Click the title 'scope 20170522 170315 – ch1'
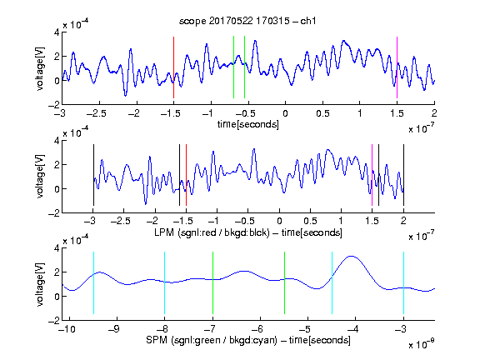tap(247, 21)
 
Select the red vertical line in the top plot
tap(173, 67)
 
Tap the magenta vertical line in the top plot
tap(397, 67)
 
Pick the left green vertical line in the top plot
tap(233, 67)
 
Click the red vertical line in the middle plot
tap(186, 175)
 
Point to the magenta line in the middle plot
tap(372, 175)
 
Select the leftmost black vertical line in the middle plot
tap(93, 175)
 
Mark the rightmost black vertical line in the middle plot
tap(403, 175)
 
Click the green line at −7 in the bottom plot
tap(212, 282)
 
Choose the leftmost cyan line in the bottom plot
tap(93, 282)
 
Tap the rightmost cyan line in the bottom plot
tap(403, 282)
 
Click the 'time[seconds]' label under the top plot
tap(248, 125)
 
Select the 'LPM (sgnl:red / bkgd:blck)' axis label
tap(212, 232)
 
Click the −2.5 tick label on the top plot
tap(96, 113)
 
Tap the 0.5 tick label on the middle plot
tap(310, 221)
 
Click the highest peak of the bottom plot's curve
tap(352, 256)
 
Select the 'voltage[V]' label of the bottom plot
tap(40, 284)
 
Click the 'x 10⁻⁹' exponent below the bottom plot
tap(422, 344)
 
